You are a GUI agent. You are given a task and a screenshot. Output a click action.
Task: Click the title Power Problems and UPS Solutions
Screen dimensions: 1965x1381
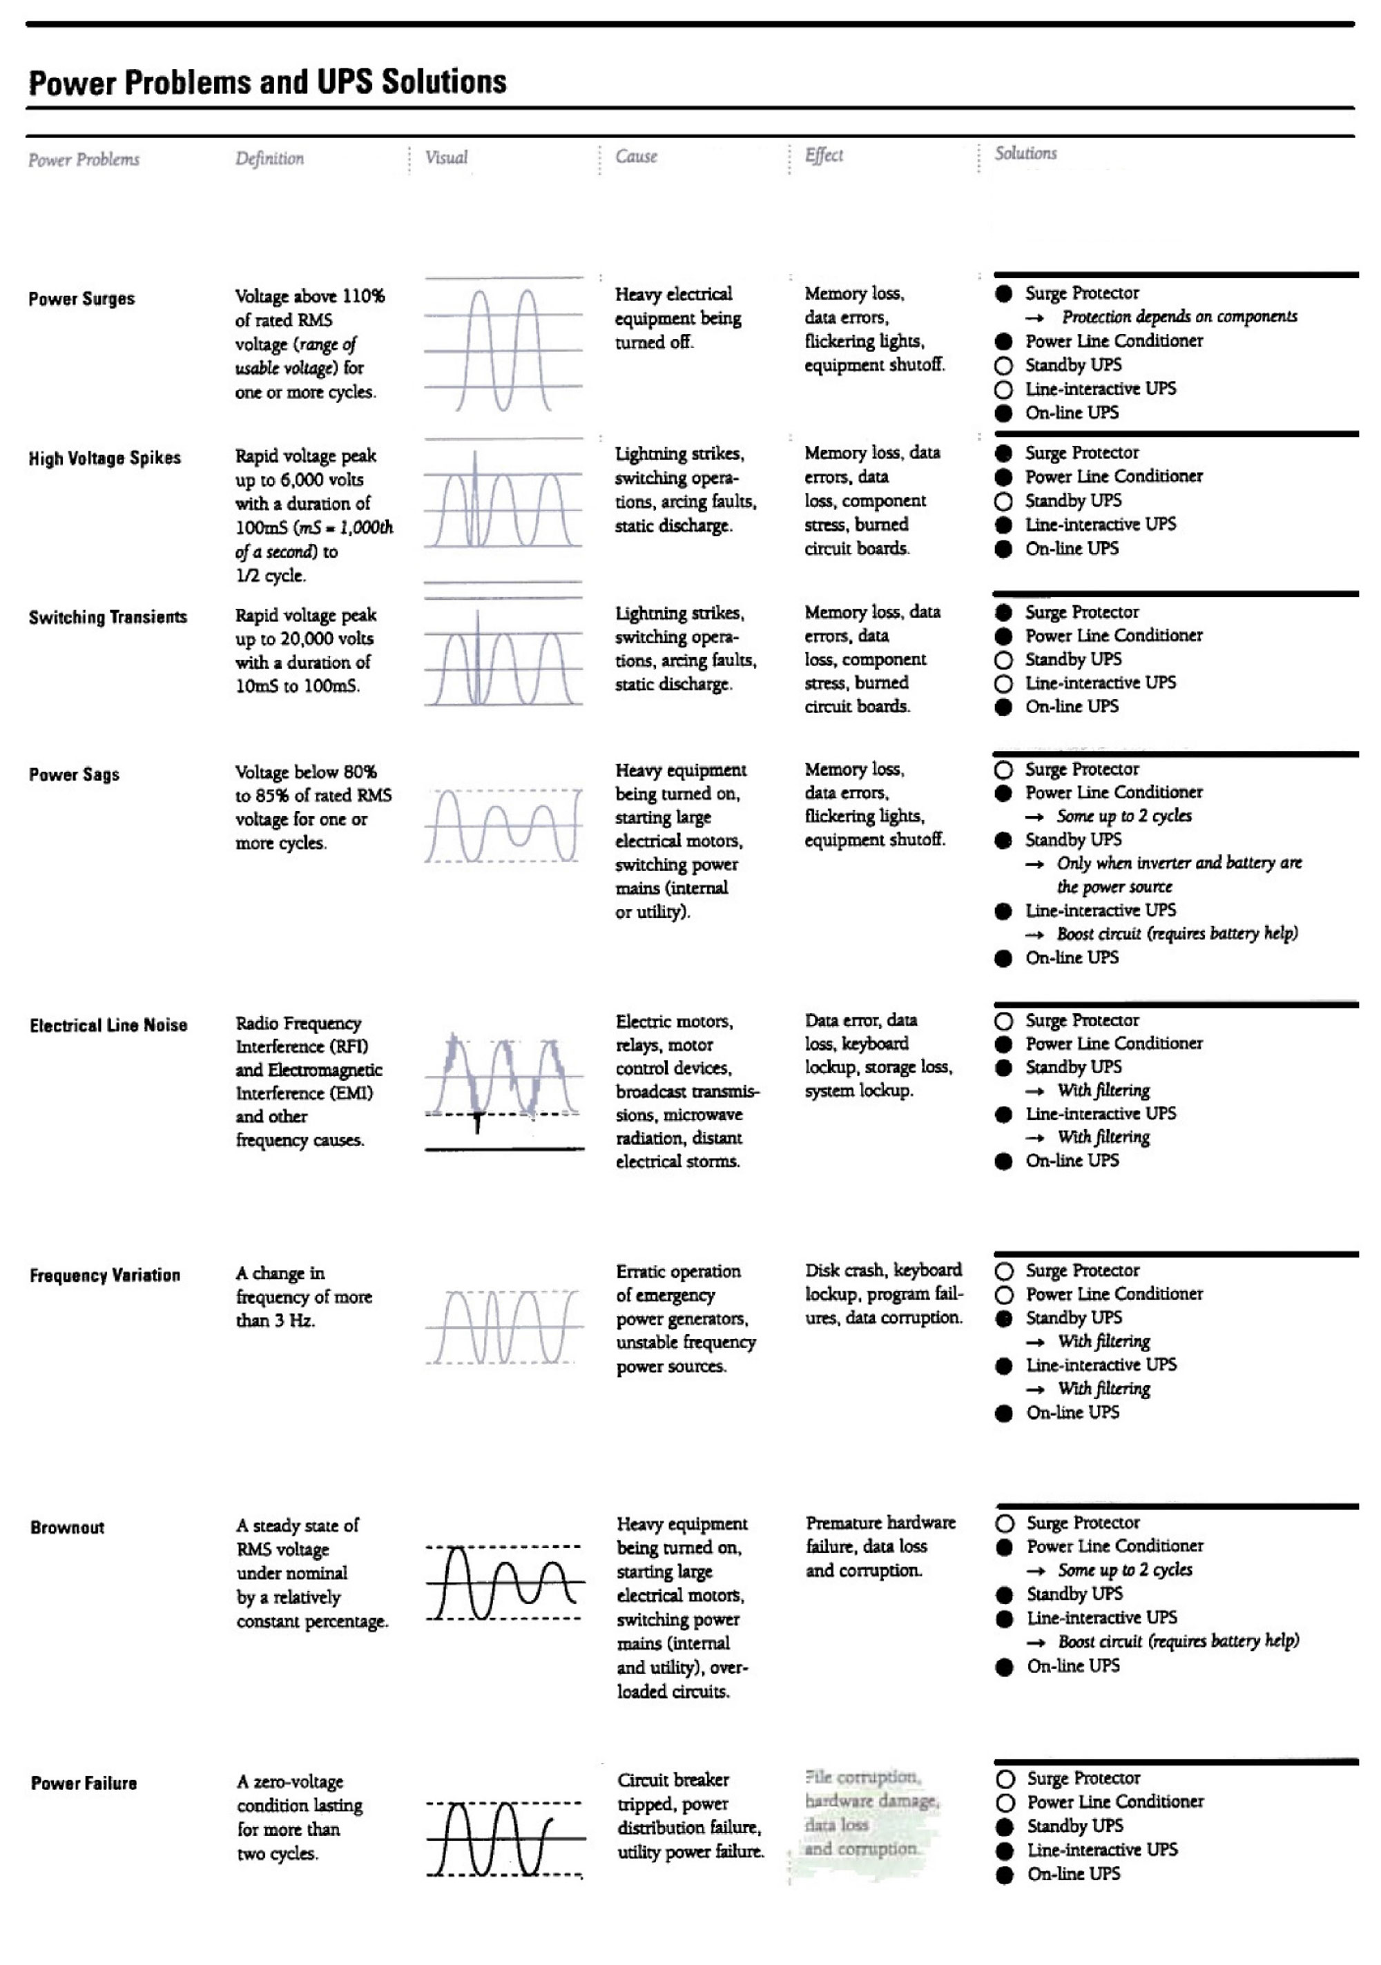(267, 82)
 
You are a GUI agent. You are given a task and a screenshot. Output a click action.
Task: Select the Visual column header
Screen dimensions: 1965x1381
(446, 157)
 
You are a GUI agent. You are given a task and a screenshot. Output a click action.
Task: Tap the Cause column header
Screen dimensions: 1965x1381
(636, 157)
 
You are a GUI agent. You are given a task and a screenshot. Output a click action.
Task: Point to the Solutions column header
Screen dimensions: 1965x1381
(1025, 153)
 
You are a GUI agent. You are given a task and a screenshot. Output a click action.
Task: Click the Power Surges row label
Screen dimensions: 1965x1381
(81, 299)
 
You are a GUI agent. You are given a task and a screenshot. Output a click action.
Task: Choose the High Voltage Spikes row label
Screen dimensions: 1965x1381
(104, 458)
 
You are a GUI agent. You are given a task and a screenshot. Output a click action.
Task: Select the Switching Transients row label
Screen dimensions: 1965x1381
(108, 617)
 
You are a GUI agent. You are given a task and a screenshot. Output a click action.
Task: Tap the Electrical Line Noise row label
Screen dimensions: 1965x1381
(108, 1024)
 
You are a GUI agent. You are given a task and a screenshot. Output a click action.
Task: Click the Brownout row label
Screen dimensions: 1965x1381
(67, 1527)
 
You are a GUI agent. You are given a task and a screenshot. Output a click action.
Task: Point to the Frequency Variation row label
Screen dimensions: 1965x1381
(104, 1275)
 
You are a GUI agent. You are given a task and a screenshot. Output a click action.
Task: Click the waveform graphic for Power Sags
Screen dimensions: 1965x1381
(503, 826)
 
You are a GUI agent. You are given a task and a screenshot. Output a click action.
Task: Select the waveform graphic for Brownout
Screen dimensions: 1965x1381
(504, 1583)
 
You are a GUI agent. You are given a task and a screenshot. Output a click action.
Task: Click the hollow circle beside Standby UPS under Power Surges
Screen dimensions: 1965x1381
(1003, 365)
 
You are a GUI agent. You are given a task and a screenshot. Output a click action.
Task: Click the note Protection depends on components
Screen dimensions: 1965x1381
(1179, 317)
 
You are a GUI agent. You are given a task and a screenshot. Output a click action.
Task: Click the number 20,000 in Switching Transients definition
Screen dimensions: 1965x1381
(318, 638)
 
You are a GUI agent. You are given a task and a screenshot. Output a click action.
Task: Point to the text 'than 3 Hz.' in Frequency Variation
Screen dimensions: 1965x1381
(276, 1320)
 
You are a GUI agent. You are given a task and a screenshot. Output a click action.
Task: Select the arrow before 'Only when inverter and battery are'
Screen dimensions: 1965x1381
(1034, 863)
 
